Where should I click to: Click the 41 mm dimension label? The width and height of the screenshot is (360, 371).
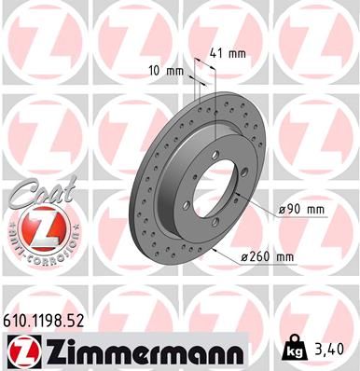229,53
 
